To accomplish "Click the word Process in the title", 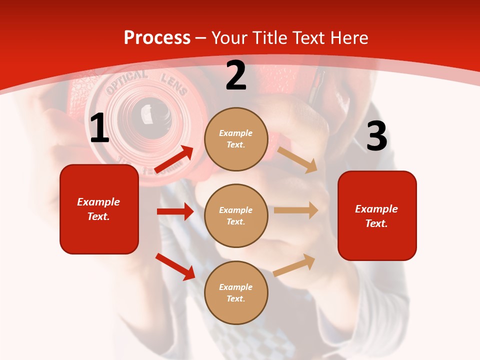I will [157, 37].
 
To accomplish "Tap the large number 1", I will [99, 128].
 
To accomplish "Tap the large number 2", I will [236, 75].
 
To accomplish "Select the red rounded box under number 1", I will [99, 209].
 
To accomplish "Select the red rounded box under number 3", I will [377, 215].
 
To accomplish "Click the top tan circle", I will [236, 139].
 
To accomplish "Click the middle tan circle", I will [236, 215].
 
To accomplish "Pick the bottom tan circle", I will [236, 292].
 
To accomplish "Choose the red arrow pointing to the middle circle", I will [175, 211].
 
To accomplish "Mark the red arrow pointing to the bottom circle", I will [175, 266].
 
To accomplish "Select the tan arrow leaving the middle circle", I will [296, 210].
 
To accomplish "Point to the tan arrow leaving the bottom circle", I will [294, 265].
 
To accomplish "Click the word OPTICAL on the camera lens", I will [126, 82].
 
